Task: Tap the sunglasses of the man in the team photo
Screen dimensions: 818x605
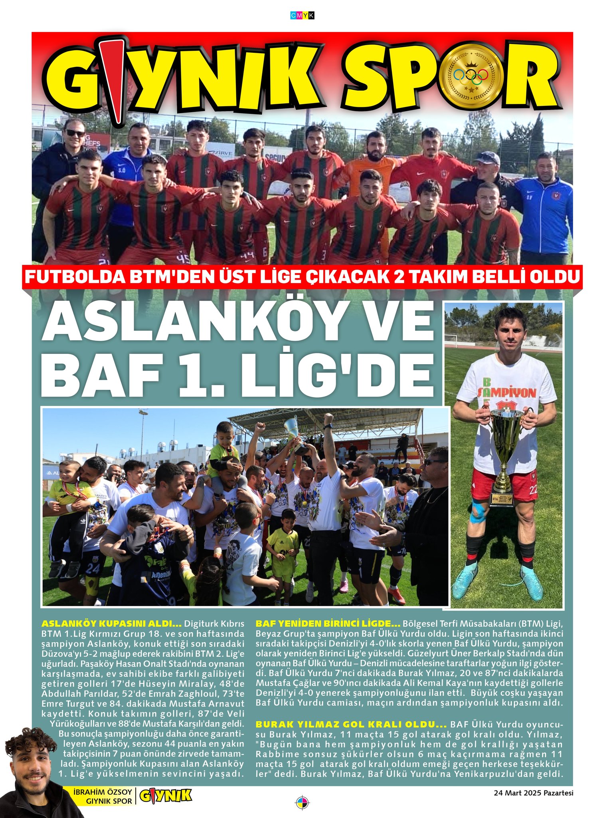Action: (75, 132)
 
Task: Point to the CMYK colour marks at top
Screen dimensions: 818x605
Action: (302, 15)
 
